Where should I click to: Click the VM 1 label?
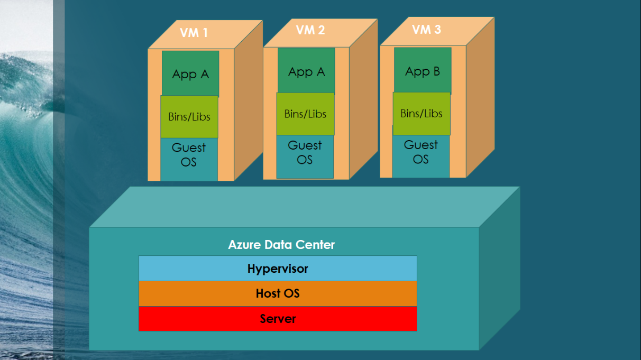coord(194,33)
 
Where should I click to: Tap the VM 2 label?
coord(310,30)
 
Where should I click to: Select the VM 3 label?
coord(426,29)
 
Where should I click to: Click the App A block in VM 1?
coord(190,74)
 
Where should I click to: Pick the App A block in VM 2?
coord(306,71)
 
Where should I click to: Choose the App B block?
coord(423,71)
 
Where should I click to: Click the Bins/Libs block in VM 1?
coord(189,117)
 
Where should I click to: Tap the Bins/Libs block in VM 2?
coord(305,114)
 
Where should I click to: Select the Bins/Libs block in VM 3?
coord(422,113)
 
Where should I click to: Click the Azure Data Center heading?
coord(281,245)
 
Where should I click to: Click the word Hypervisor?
coord(278,269)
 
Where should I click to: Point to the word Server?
coord(278,319)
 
